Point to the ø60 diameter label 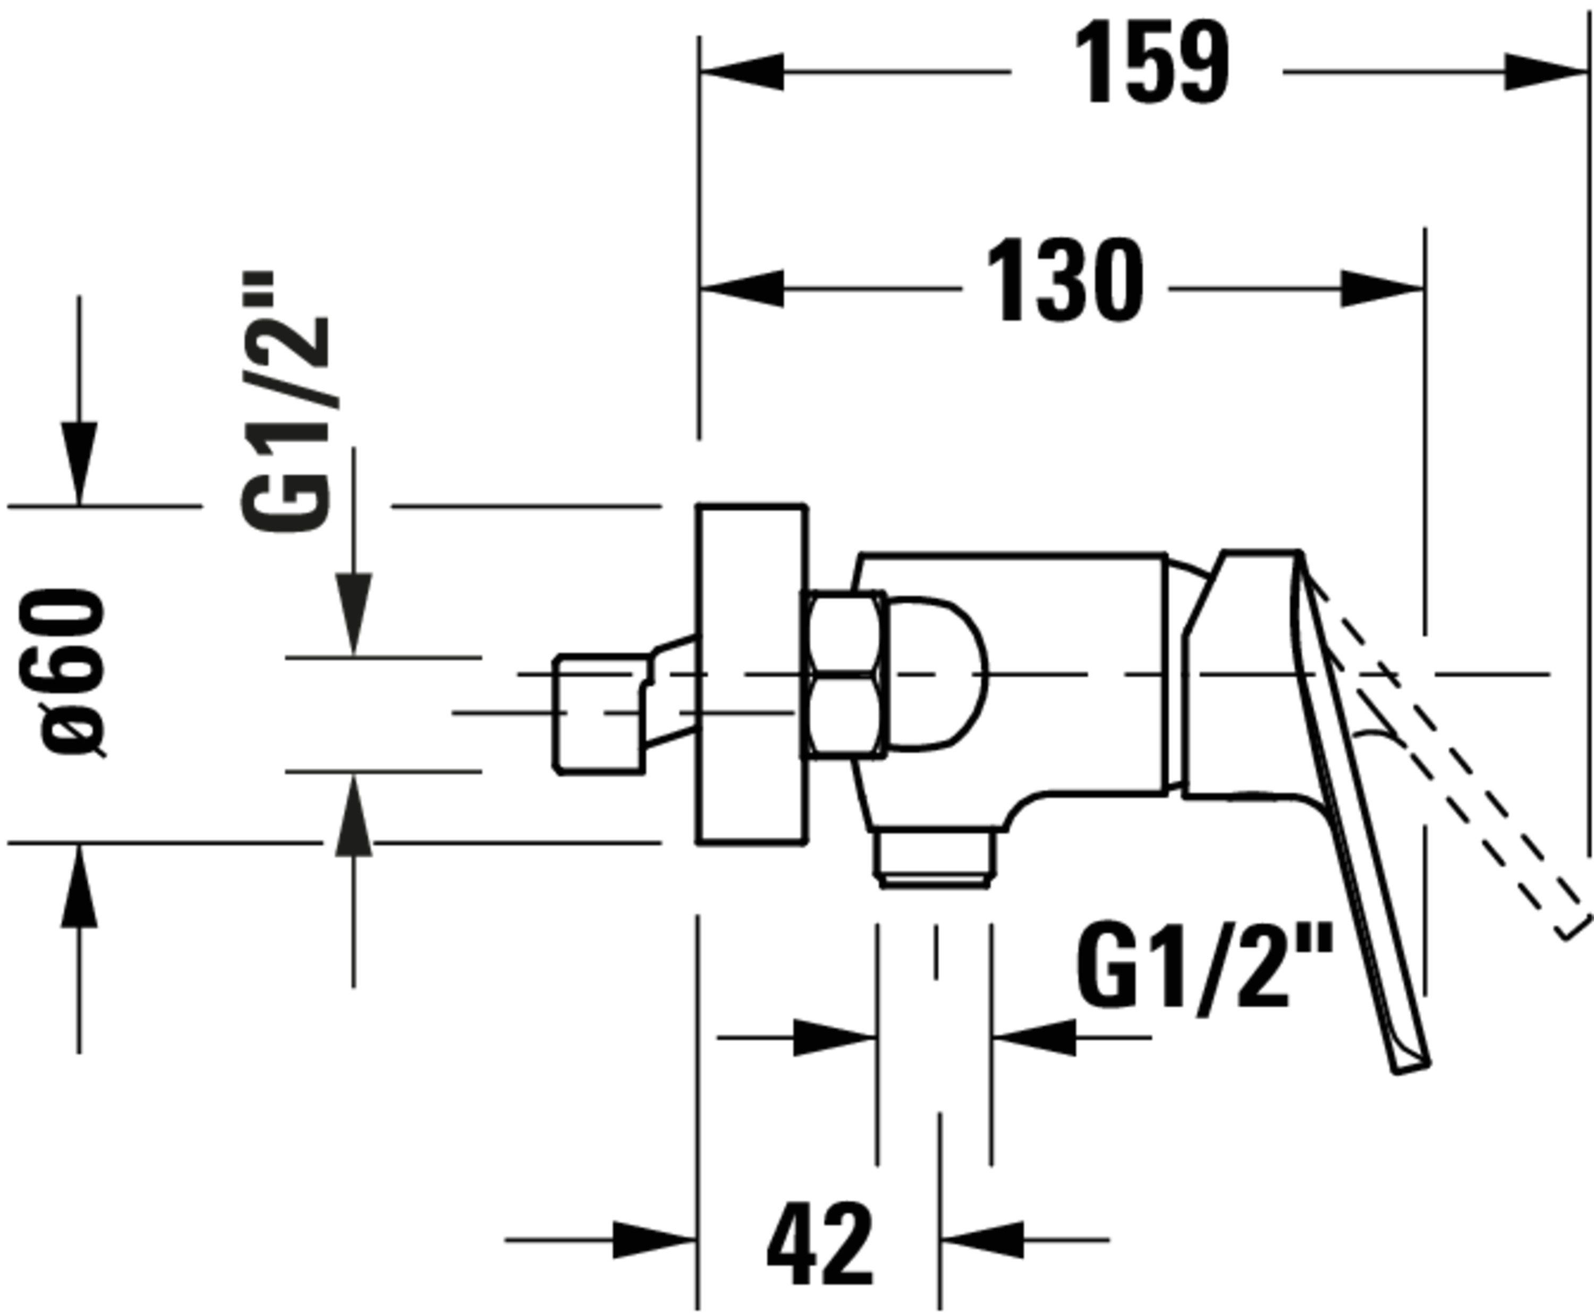click(73, 672)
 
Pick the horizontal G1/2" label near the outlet click(1203, 967)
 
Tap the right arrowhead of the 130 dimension click(1382, 289)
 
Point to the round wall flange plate click(752, 673)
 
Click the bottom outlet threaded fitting click(935, 858)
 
